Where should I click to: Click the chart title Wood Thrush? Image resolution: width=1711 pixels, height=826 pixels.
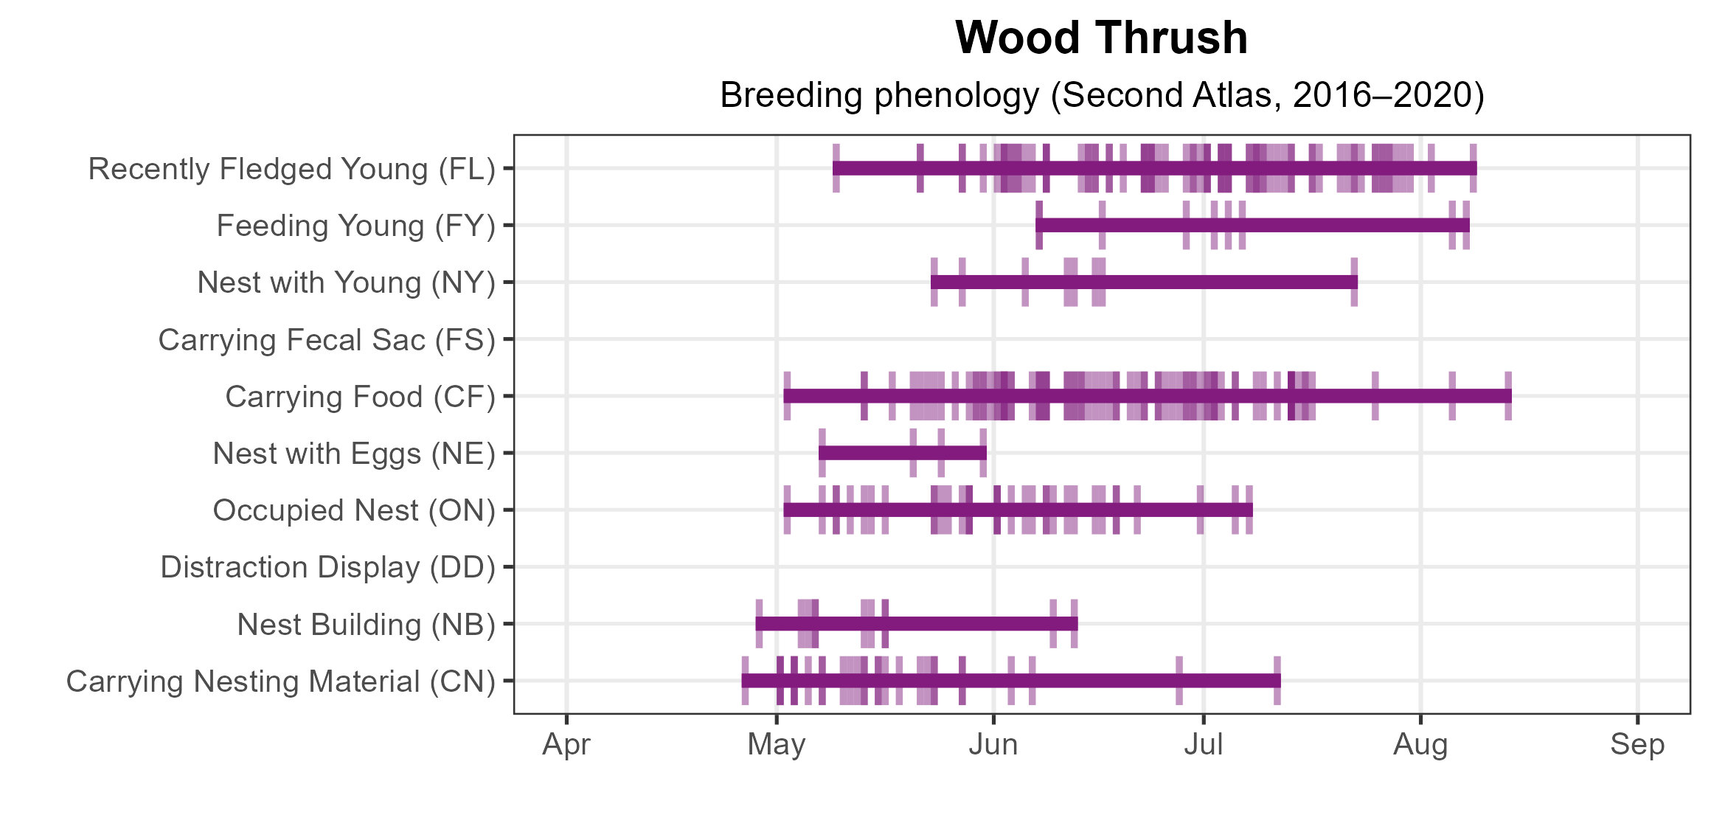click(x=1101, y=38)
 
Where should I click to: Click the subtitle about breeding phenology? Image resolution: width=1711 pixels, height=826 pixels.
click(x=1101, y=95)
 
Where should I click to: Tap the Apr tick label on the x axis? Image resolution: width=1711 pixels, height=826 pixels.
click(x=566, y=745)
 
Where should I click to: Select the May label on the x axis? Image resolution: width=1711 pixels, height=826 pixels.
click(x=777, y=745)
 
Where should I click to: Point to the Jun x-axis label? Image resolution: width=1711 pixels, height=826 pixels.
click(x=993, y=745)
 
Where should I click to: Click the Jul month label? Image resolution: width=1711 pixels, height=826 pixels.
click(x=1204, y=745)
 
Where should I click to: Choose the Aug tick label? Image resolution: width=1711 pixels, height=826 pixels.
click(x=1420, y=745)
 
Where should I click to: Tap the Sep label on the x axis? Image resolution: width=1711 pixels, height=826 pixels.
click(x=1637, y=745)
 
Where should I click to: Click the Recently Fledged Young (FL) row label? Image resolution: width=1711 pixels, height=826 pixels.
click(x=292, y=169)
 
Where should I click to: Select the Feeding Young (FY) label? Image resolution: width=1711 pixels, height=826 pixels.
click(x=356, y=226)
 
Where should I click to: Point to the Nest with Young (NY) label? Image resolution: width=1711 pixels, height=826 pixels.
click(x=347, y=282)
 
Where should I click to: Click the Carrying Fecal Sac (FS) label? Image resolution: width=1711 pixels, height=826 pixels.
click(x=327, y=340)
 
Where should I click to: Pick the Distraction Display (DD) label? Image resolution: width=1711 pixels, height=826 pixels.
click(x=328, y=567)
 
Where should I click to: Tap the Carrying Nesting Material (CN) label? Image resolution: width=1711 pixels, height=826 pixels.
click(x=281, y=681)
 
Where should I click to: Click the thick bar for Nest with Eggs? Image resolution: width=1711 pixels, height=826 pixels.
click(x=903, y=453)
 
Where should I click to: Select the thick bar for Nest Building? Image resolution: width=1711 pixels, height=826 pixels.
click(x=917, y=624)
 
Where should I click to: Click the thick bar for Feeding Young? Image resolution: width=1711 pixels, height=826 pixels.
click(x=1252, y=225)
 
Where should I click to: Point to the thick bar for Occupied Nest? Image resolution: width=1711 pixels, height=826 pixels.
click(x=1018, y=510)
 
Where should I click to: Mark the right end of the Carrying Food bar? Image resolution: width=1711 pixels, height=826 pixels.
click(x=1509, y=396)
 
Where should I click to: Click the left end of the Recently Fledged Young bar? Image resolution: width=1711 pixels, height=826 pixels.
click(x=836, y=168)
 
